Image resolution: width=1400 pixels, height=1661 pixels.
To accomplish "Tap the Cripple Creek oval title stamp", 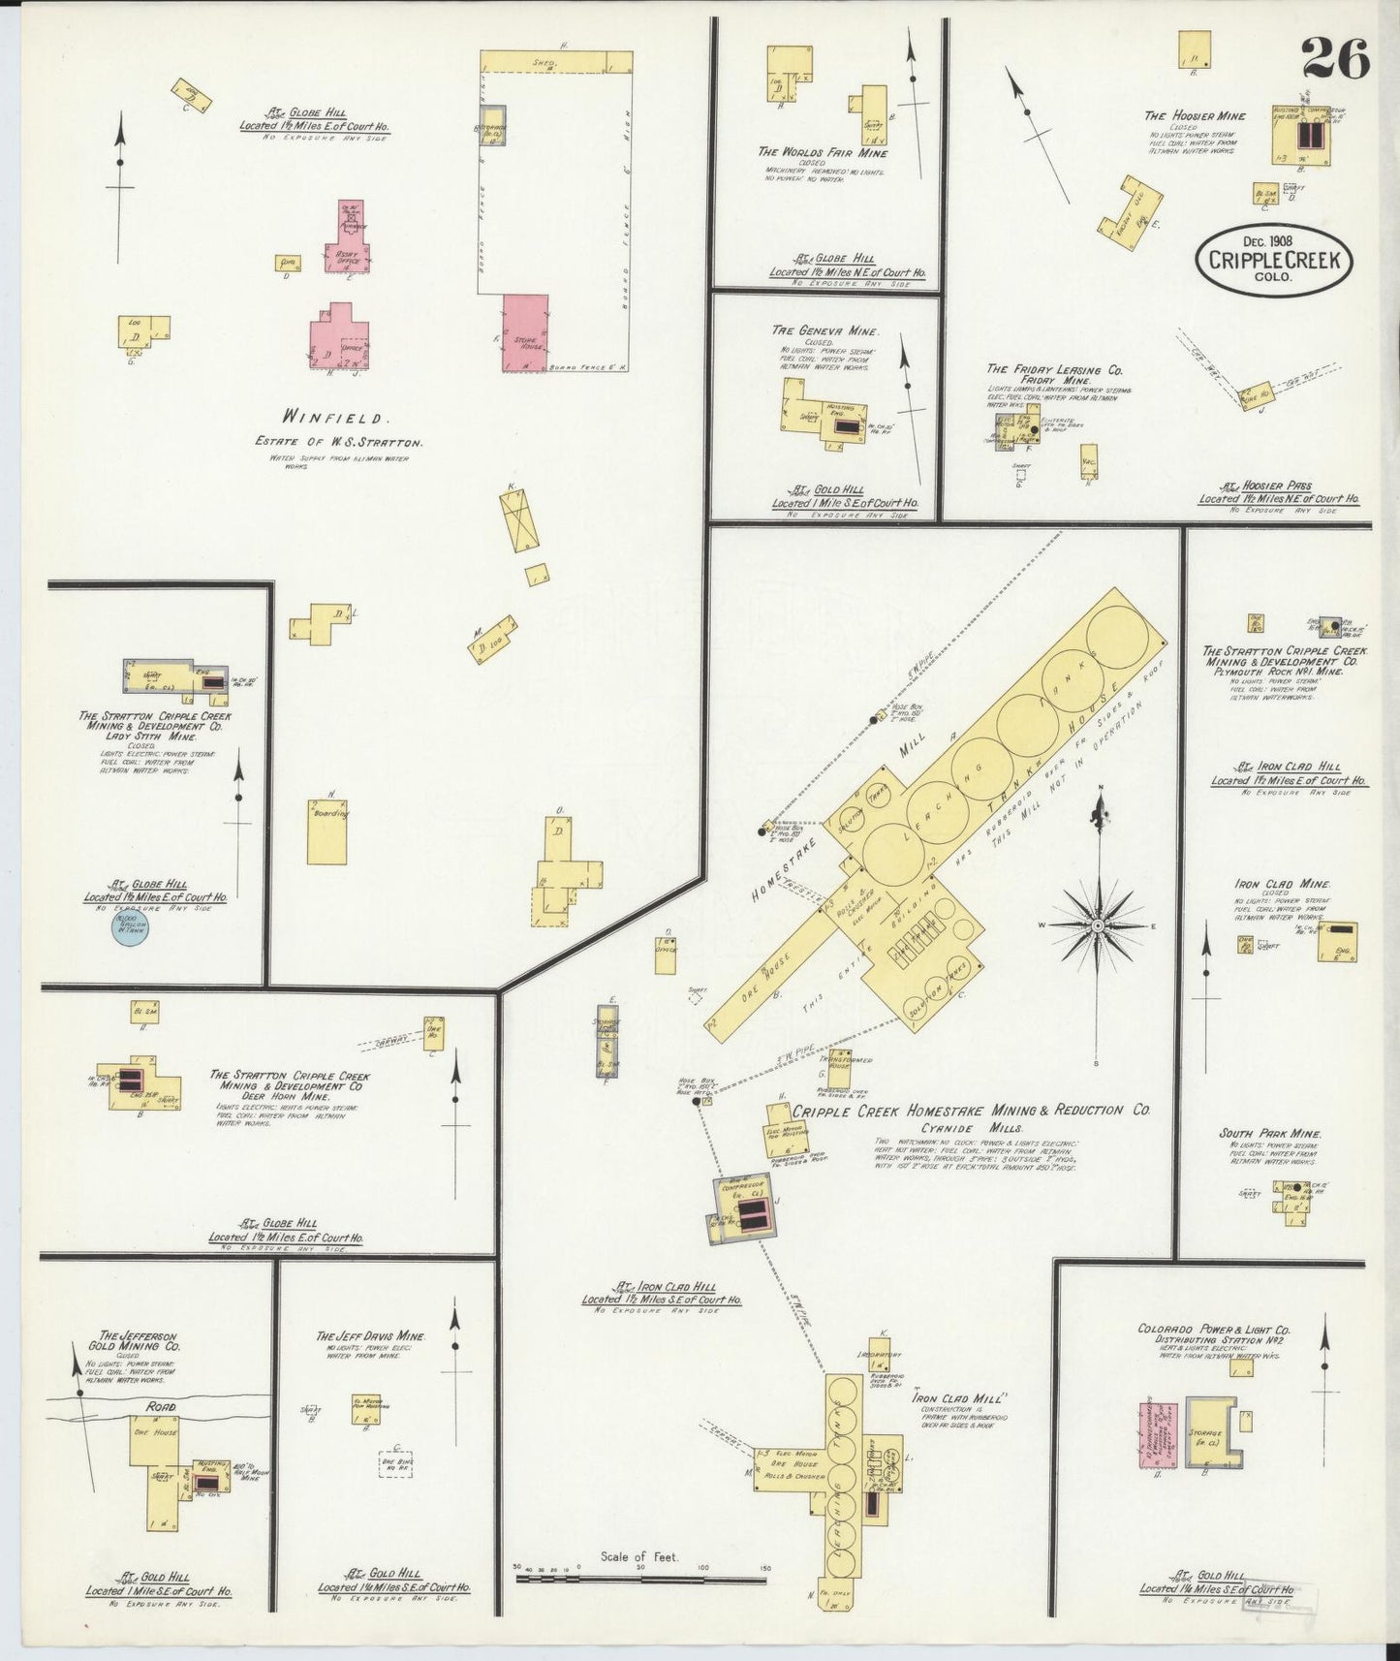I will (x=1274, y=259).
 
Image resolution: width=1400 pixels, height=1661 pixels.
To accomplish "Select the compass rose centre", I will (x=1098, y=926).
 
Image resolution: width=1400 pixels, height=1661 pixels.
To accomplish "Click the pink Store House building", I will (x=525, y=332).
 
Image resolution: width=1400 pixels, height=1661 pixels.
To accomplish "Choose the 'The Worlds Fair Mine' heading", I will (x=823, y=152).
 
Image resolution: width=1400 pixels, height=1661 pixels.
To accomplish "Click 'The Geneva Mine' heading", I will (x=824, y=330).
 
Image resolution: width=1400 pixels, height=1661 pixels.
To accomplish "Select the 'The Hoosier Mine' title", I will (x=1195, y=116).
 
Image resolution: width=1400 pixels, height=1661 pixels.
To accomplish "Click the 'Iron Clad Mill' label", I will (x=960, y=1398).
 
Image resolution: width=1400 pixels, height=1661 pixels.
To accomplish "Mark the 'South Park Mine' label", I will (x=1270, y=1133).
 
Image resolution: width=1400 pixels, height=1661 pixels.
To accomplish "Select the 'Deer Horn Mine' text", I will (x=292, y=1096).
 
